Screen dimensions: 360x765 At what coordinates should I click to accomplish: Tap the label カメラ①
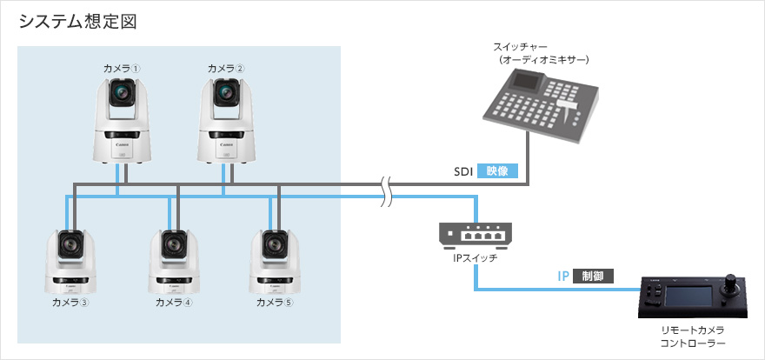point(122,68)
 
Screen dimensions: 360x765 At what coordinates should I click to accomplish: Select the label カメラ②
point(225,68)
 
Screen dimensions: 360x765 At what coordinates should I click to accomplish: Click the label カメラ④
point(174,303)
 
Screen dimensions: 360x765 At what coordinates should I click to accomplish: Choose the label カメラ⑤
point(276,303)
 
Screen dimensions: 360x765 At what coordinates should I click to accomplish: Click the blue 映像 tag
point(497,172)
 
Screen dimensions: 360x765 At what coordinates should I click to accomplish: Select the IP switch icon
point(475,233)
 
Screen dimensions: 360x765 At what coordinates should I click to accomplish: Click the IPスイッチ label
point(475,257)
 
